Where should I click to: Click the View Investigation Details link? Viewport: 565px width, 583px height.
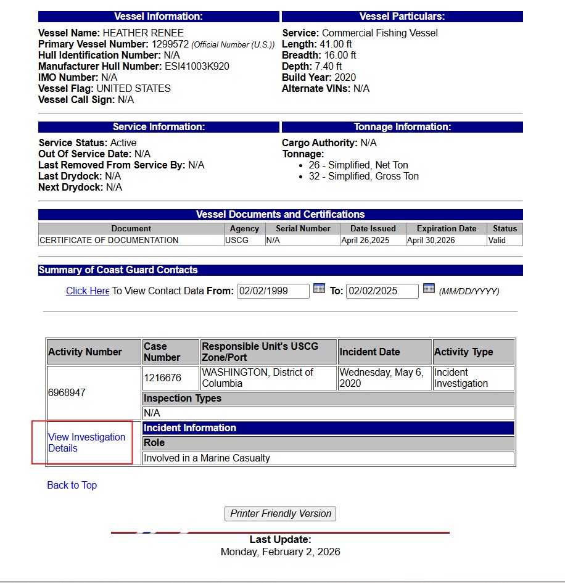coord(86,442)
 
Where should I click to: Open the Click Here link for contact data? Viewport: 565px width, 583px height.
coord(88,291)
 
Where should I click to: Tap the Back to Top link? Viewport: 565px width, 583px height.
coord(72,485)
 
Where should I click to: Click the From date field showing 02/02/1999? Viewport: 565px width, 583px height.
coord(273,291)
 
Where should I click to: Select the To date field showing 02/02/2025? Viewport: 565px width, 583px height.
coord(382,291)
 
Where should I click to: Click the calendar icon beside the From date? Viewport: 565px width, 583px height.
coord(319,288)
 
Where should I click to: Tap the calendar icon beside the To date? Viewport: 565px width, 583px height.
coord(429,288)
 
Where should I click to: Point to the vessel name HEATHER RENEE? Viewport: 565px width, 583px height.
coord(143,33)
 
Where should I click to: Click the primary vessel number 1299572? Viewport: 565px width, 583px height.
coord(170,44)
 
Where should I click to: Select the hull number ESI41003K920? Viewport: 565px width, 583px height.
coord(197,66)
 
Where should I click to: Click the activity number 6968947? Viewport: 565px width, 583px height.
coord(67,392)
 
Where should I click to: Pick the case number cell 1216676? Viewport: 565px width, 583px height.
coord(162,378)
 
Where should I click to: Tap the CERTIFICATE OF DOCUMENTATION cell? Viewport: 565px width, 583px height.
coord(109,240)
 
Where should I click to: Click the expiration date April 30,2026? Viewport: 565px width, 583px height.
coord(431,240)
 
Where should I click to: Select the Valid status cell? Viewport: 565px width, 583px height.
coord(497,240)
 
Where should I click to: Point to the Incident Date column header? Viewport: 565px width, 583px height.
coord(369,352)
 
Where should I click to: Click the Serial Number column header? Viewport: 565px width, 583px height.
coord(303,228)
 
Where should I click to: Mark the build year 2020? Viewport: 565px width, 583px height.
coord(345,77)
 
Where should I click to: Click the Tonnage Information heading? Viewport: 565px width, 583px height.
coord(402,126)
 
